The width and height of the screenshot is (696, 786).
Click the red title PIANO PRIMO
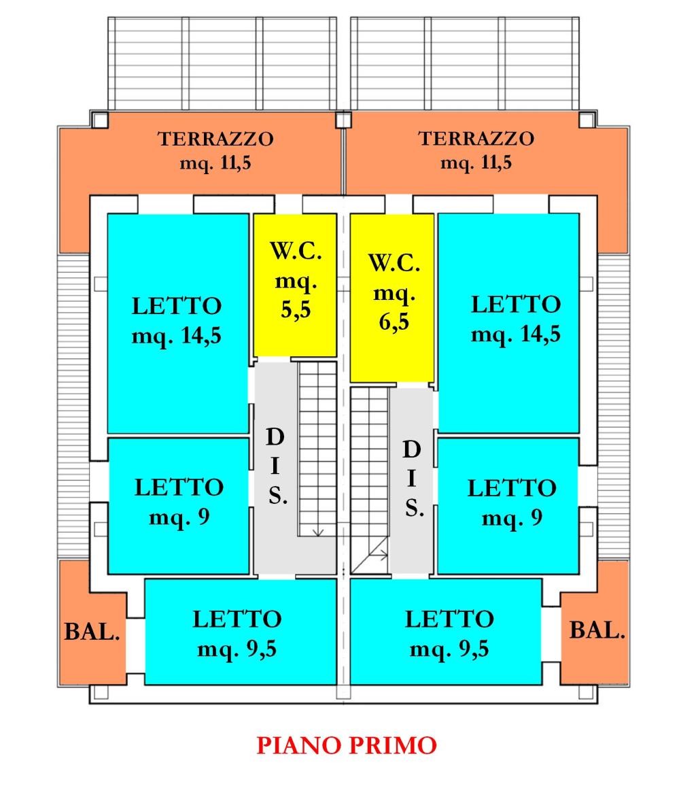pyautogui.click(x=347, y=745)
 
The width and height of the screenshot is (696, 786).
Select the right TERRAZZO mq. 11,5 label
pyautogui.click(x=476, y=150)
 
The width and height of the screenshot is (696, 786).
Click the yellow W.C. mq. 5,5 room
pyautogui.click(x=294, y=285)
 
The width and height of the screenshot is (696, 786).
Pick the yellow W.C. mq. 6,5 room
pyautogui.click(x=392, y=298)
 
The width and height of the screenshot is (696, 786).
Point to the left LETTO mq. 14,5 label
pyautogui.click(x=177, y=321)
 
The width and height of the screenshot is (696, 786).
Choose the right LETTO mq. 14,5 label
pyautogui.click(x=516, y=320)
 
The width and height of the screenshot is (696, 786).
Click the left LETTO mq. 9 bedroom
pyautogui.click(x=179, y=506)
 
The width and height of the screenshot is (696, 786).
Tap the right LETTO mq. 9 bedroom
pyautogui.click(x=508, y=506)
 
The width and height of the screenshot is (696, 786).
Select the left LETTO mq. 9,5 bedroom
pyautogui.click(x=241, y=632)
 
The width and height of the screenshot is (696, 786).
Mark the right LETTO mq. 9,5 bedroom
pyautogui.click(x=446, y=632)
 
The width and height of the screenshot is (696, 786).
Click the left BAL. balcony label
pyautogui.click(x=92, y=632)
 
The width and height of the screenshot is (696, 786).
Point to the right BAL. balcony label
pyautogui.click(x=598, y=630)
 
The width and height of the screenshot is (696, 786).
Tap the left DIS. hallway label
pyautogui.click(x=276, y=466)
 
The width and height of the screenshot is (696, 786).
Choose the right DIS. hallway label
pyautogui.click(x=413, y=479)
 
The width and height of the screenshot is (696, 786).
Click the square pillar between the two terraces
pyautogui.click(x=343, y=120)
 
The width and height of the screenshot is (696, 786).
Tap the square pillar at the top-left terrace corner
pyautogui.click(x=100, y=120)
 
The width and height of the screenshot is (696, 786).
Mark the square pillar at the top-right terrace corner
pyautogui.click(x=587, y=120)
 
